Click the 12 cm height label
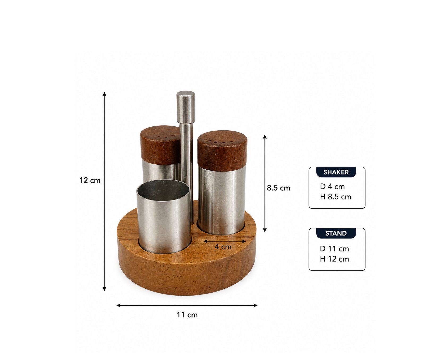click(x=90, y=181)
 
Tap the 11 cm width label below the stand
click(x=187, y=315)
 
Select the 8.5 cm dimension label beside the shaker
click(x=279, y=188)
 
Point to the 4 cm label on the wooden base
click(x=223, y=247)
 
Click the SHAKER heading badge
click(x=336, y=172)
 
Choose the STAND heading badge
click(x=336, y=233)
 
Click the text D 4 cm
click(x=332, y=187)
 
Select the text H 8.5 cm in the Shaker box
click(x=335, y=197)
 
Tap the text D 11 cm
click(x=334, y=249)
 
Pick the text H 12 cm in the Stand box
click(x=334, y=259)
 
